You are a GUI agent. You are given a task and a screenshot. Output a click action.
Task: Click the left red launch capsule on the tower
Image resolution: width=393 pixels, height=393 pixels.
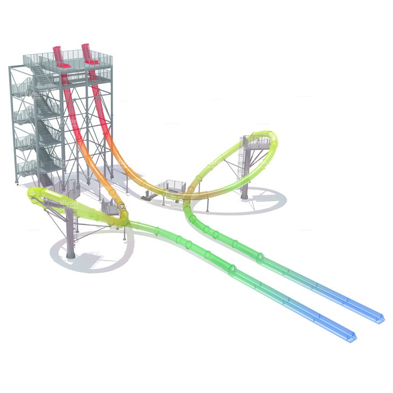point(59,56)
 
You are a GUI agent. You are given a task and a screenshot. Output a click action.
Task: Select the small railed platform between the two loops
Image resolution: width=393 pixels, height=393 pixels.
point(169,187)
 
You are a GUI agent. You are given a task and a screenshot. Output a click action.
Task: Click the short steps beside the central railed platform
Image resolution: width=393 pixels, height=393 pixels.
point(147,194)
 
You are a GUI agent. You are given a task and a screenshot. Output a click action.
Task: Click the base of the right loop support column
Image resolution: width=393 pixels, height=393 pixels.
point(245,196)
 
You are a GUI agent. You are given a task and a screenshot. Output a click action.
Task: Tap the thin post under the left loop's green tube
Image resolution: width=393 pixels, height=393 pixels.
point(124,233)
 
